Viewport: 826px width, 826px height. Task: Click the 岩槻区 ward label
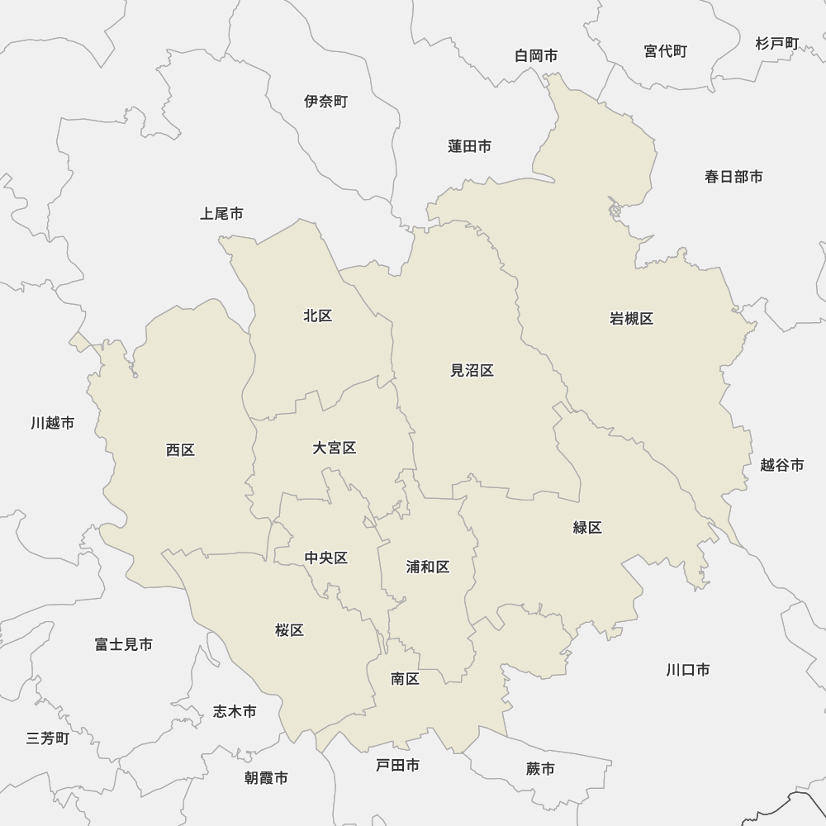click(x=631, y=319)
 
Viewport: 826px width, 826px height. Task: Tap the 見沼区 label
click(x=472, y=371)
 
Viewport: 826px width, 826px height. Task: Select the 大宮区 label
click(x=335, y=448)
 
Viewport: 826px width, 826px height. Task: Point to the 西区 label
click(x=180, y=450)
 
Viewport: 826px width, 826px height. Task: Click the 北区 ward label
click(x=317, y=316)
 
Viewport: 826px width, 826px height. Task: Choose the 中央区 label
click(x=326, y=558)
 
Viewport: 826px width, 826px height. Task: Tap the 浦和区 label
click(x=428, y=567)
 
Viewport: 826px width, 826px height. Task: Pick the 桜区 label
click(x=290, y=630)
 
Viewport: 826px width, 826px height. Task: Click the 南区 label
click(x=406, y=679)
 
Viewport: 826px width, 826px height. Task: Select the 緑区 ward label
click(x=587, y=528)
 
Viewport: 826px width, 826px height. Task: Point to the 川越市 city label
click(x=53, y=423)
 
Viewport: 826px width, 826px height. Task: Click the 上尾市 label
click(x=221, y=214)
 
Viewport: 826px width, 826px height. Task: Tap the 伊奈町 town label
click(x=326, y=102)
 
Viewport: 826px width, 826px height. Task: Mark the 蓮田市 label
click(x=470, y=146)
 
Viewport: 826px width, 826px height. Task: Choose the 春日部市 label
click(x=733, y=176)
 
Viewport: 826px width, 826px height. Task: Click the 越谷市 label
click(x=781, y=465)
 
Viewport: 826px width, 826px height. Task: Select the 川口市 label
click(x=688, y=670)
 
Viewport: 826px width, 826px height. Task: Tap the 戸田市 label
click(x=397, y=766)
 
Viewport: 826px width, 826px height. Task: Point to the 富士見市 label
click(x=124, y=644)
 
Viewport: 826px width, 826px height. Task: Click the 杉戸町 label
click(x=777, y=43)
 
